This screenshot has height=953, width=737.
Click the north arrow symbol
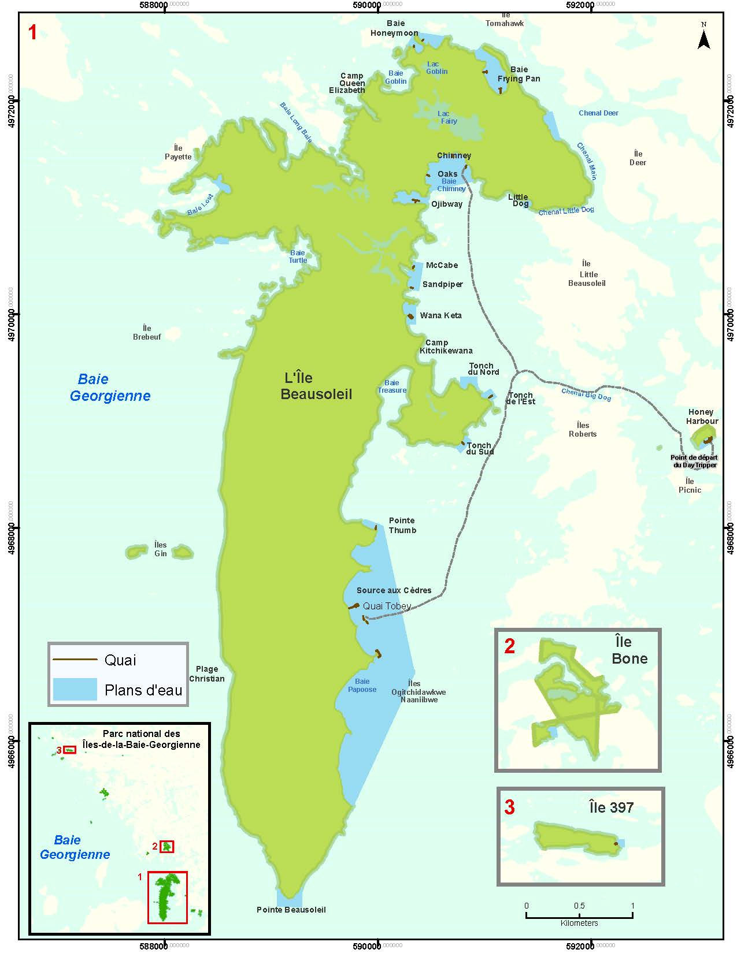[703, 38]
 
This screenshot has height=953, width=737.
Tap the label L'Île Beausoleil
[316, 386]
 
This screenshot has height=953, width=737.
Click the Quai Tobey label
[387, 606]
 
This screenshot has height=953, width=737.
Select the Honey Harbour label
[701, 416]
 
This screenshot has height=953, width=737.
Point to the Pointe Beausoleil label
[291, 910]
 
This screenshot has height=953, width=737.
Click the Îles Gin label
[160, 549]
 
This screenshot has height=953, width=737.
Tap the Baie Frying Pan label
[519, 74]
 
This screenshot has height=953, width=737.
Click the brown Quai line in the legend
[75, 660]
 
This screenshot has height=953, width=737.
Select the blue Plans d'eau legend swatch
[75, 689]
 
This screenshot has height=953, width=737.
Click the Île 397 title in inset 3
[611, 807]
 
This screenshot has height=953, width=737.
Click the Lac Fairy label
[447, 117]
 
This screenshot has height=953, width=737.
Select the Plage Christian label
[206, 673]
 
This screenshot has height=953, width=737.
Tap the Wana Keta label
[440, 315]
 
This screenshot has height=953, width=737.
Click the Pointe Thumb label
[402, 525]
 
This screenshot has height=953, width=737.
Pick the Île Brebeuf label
[147, 332]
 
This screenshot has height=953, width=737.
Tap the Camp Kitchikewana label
[445, 347]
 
